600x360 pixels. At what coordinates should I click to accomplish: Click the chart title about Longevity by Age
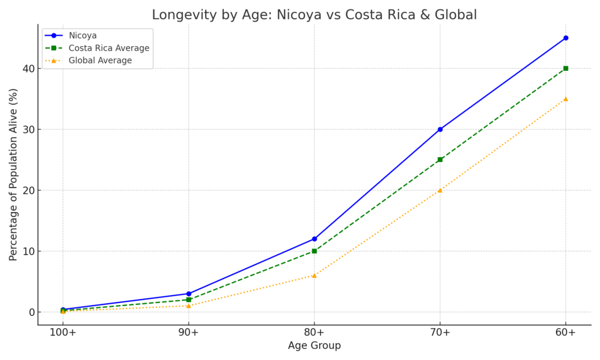click(x=314, y=15)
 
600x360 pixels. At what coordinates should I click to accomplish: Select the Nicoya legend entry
click(x=83, y=36)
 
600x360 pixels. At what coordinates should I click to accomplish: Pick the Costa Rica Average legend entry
click(x=108, y=48)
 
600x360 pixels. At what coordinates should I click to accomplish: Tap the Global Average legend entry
click(x=100, y=60)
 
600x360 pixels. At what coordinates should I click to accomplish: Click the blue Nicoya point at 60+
click(x=565, y=38)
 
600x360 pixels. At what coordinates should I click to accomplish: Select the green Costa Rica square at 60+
click(x=565, y=69)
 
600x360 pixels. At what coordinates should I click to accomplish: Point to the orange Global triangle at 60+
click(x=565, y=99)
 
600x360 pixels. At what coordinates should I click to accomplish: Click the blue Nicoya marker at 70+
click(x=440, y=130)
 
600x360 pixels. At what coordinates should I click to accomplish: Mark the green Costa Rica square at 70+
click(x=440, y=159)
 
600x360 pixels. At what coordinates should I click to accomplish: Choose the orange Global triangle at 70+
click(x=440, y=190)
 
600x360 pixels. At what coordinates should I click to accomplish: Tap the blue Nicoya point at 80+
click(x=314, y=239)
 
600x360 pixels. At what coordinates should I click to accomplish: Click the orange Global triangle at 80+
click(x=314, y=276)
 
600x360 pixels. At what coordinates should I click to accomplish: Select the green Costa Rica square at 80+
click(x=314, y=251)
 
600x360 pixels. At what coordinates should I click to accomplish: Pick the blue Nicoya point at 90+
click(x=189, y=294)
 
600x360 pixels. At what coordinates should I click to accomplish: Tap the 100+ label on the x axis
click(x=63, y=333)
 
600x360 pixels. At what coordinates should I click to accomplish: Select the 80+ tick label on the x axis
click(x=314, y=333)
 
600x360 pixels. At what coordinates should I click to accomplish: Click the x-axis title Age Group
click(x=314, y=346)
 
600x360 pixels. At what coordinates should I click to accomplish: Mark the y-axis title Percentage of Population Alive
click(x=13, y=175)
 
